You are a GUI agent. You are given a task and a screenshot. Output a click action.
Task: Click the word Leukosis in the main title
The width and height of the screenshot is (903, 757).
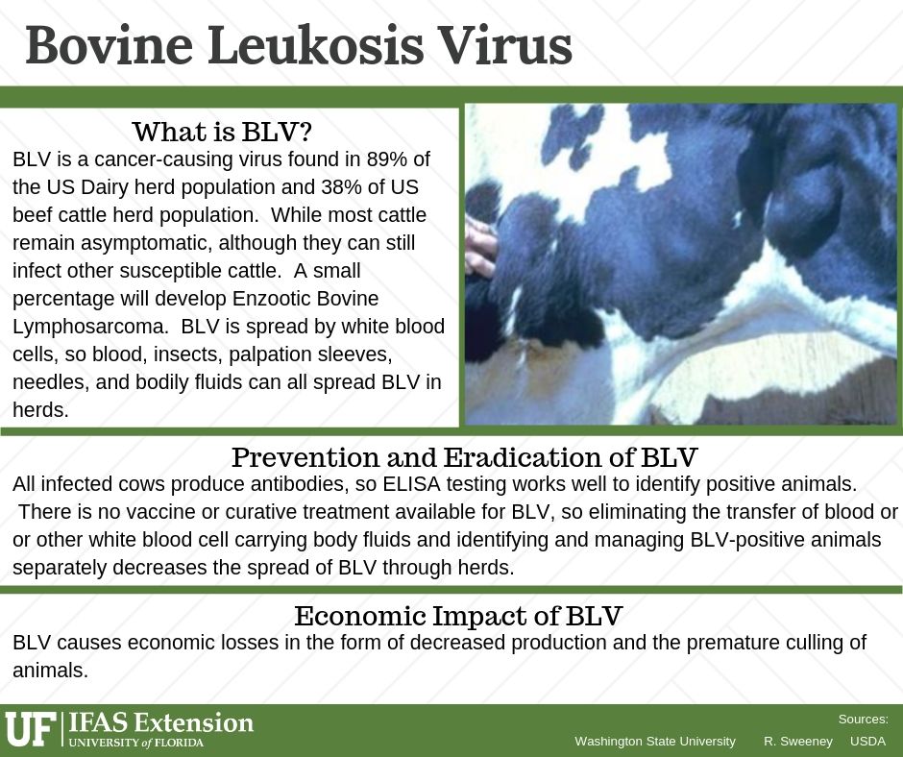316,45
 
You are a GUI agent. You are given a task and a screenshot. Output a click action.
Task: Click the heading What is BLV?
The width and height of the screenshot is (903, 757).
222,132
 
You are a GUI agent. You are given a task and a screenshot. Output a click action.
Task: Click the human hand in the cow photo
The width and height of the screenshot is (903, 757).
480,246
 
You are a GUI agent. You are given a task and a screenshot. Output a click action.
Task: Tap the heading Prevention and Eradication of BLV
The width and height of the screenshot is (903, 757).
464,457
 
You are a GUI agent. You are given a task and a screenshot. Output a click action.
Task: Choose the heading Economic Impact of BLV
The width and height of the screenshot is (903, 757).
458,616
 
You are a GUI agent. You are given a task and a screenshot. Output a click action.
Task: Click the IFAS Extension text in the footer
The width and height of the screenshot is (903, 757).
160,722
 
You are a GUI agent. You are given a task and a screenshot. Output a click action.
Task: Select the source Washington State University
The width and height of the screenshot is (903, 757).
655,742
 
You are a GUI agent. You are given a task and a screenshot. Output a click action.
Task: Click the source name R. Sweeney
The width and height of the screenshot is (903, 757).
798,742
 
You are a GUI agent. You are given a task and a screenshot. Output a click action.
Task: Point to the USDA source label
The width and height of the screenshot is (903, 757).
867,742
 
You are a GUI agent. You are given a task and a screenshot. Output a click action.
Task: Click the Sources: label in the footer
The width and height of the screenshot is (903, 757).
864,720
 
